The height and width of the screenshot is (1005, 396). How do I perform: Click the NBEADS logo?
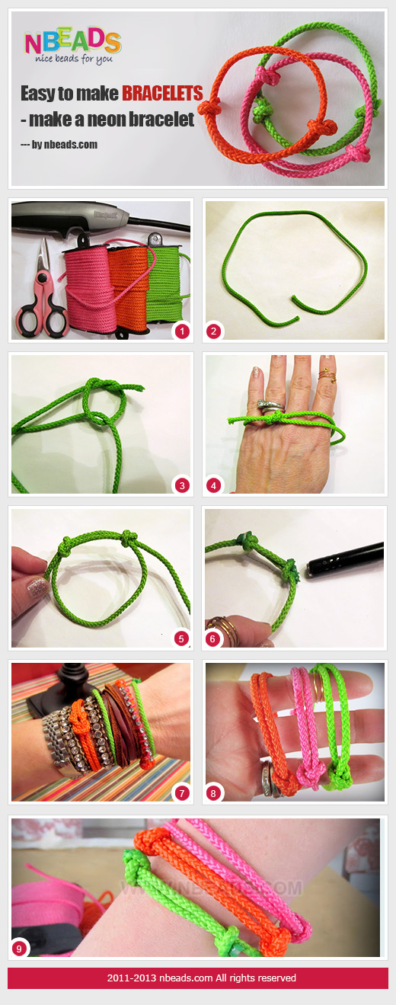[x=72, y=45]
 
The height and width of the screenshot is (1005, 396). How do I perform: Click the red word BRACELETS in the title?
[x=162, y=94]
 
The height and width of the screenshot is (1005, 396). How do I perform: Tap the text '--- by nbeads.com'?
[x=59, y=144]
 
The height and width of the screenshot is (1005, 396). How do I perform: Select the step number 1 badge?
[x=180, y=331]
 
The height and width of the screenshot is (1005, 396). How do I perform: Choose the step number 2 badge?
[x=214, y=331]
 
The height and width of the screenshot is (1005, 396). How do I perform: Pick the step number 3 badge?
[x=180, y=485]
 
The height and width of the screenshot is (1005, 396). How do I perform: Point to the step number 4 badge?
[x=214, y=485]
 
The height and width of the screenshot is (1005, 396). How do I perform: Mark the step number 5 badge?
[x=180, y=639]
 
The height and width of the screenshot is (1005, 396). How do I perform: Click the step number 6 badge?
[x=214, y=639]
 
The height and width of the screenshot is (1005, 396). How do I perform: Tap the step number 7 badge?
[x=180, y=792]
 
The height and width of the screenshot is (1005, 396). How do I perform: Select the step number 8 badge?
[x=214, y=792]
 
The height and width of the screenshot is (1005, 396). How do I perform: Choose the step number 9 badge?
[x=20, y=948]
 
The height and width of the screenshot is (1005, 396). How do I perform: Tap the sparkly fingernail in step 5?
[x=34, y=587]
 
